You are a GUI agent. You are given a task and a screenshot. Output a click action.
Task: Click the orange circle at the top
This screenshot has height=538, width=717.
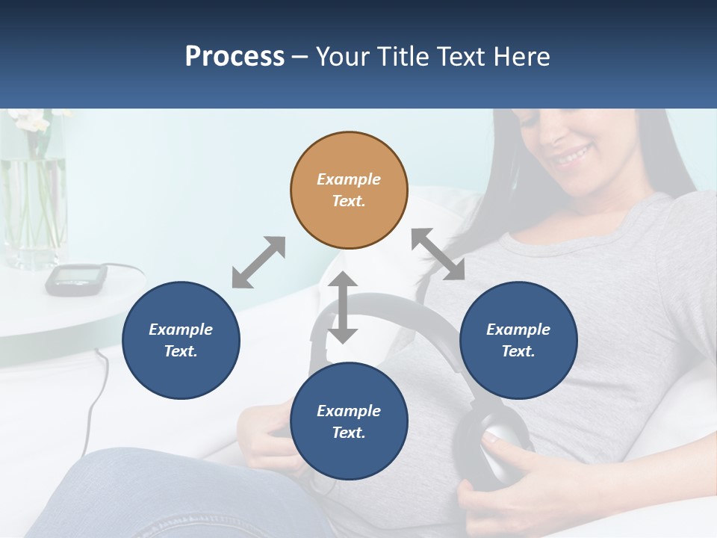point(349,190)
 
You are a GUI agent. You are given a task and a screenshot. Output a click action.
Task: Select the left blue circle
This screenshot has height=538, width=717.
point(181,340)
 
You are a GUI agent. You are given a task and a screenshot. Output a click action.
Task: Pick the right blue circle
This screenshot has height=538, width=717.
point(518,340)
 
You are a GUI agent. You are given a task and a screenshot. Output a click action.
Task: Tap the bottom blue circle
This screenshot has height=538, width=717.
point(349,421)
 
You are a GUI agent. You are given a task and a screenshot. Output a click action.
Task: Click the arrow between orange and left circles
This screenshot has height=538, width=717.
point(258,262)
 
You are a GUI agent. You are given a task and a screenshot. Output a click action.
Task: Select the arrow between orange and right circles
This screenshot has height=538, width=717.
point(438,254)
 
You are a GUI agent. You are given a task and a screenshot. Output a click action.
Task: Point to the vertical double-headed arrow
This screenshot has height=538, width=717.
point(343,307)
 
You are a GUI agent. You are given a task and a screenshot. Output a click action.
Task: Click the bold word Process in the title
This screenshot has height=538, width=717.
point(235,56)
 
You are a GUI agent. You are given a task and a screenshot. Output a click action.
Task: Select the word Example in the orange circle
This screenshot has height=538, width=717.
point(349,179)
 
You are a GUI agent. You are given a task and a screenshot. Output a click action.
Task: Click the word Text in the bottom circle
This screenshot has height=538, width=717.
point(347,433)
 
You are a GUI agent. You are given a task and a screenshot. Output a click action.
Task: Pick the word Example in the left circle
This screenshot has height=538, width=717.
point(181,330)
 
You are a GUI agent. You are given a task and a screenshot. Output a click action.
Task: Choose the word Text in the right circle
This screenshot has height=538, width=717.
point(517,351)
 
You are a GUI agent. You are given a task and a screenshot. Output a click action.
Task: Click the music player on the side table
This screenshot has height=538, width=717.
point(75,278)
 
